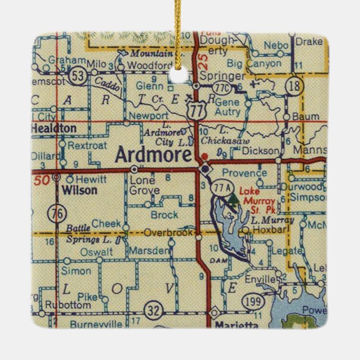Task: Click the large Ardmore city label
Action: point(153,154)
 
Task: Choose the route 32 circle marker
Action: point(152,309)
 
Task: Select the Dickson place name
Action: point(261,151)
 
